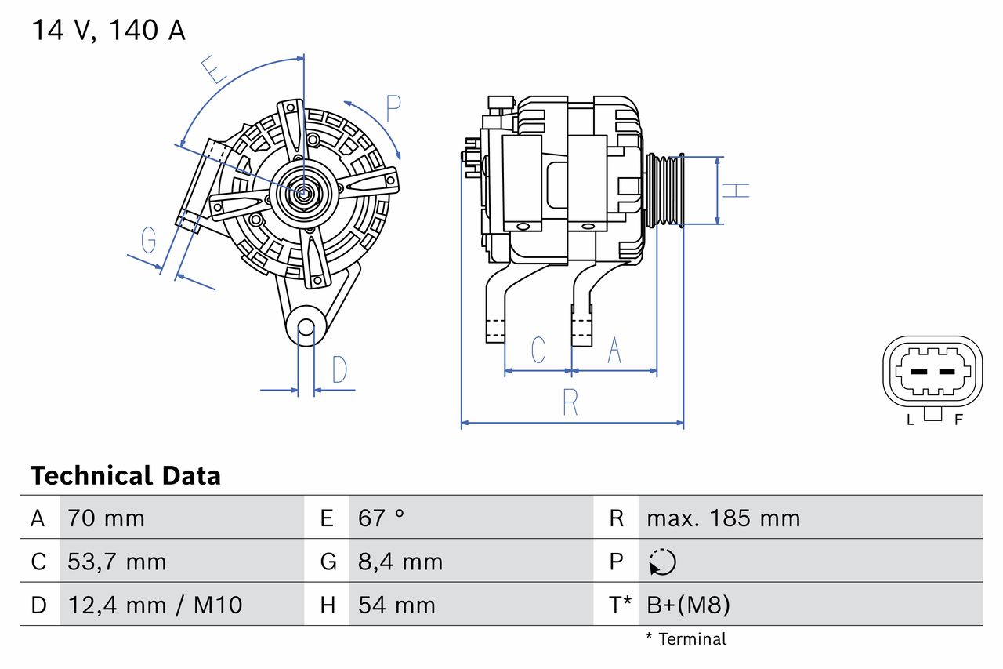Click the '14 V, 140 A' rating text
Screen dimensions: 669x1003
(x=108, y=31)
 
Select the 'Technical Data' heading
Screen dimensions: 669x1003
(x=125, y=476)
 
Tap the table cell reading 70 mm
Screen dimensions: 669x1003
(x=106, y=518)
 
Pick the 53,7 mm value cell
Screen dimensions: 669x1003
(x=117, y=562)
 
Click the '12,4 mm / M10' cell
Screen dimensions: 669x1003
(x=154, y=605)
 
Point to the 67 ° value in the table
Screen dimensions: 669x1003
(x=381, y=518)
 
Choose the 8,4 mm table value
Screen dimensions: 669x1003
(x=400, y=562)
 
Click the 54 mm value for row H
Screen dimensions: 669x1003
(x=396, y=605)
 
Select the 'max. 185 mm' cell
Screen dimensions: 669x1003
(x=722, y=518)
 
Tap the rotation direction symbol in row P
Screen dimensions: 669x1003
(x=662, y=562)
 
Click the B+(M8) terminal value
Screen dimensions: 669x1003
(x=687, y=605)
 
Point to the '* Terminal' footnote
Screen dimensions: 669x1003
(x=686, y=639)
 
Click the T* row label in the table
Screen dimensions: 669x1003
(x=620, y=605)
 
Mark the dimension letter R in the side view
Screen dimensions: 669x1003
(x=570, y=403)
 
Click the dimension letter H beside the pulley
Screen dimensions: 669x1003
(x=736, y=190)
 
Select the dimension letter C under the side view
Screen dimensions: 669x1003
(x=538, y=351)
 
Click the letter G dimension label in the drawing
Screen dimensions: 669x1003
(x=148, y=241)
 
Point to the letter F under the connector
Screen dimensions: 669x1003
(x=958, y=420)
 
